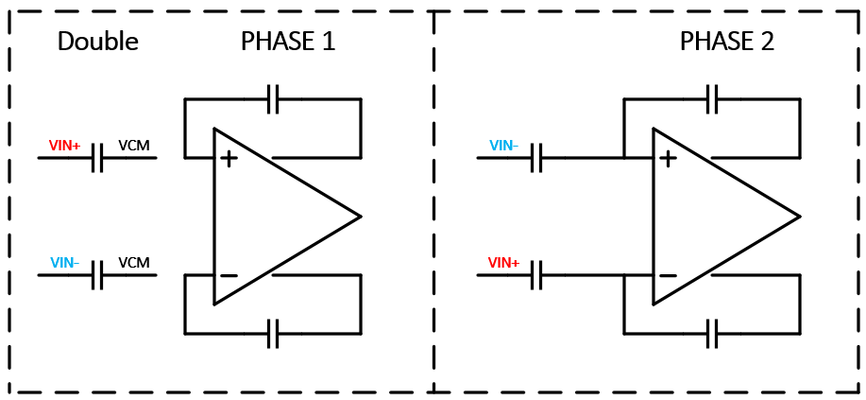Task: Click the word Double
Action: (x=98, y=42)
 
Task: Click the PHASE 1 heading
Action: (x=288, y=42)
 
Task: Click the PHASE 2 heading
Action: (x=727, y=42)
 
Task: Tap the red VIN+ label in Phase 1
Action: (x=65, y=147)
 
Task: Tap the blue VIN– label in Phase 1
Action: (x=65, y=263)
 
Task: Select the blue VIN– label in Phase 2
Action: (x=504, y=146)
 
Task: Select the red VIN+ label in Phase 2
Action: (x=504, y=263)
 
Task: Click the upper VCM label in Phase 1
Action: (x=134, y=147)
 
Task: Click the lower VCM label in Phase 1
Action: (x=134, y=263)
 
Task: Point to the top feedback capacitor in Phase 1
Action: (x=273, y=98)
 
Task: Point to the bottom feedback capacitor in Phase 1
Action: (x=273, y=333)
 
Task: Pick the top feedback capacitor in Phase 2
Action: (x=713, y=98)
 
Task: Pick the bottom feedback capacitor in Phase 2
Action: (x=713, y=333)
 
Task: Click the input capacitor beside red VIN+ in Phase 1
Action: (x=97, y=158)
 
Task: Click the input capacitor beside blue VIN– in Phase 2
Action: (x=536, y=158)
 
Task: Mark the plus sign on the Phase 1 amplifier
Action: (x=229, y=158)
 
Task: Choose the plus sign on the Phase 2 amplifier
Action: (x=668, y=158)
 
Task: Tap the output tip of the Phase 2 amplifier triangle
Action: (x=799, y=217)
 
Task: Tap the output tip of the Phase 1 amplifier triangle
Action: (x=360, y=217)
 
